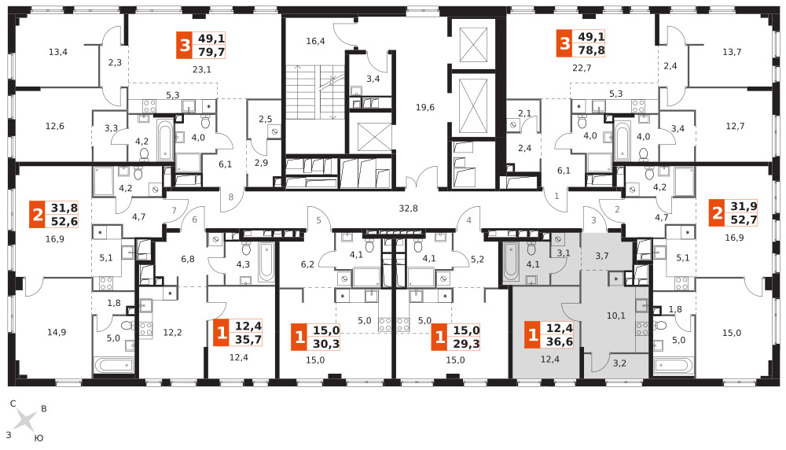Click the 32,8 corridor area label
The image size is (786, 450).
[408, 208]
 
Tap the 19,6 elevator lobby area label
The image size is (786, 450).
[424, 107]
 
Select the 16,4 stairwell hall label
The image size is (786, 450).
[315, 41]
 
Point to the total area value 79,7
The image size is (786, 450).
[211, 52]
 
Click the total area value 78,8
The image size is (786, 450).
[592, 50]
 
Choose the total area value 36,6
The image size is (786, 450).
[560, 341]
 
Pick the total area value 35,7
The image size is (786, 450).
[248, 340]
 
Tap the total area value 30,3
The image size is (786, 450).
[326, 344]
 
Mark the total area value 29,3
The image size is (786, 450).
[467, 344]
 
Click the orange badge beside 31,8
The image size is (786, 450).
[38, 215]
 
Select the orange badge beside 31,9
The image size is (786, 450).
[718, 213]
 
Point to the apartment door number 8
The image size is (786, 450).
[231, 197]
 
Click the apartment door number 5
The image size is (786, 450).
[318, 220]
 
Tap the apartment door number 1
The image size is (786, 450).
[556, 196]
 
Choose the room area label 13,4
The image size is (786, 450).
[58, 52]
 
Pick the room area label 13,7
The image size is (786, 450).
[732, 52]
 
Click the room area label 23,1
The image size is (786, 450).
[202, 69]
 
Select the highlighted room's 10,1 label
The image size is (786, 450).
[616, 315]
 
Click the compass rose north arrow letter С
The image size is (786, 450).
[13, 404]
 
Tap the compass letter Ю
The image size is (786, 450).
[39, 438]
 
